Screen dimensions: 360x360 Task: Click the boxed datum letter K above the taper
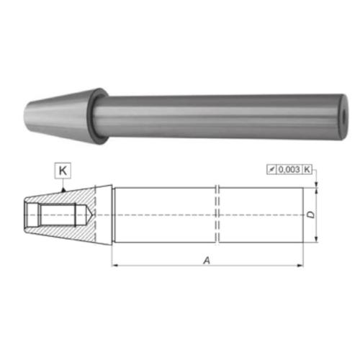tap(63, 171)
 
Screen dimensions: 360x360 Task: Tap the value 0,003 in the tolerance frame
tap(289, 170)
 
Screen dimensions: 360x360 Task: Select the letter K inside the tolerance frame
tap(307, 170)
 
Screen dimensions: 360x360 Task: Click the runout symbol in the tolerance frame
tap(271, 170)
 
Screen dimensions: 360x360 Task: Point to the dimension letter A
tap(207, 260)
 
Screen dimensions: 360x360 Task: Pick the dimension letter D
tap(311, 215)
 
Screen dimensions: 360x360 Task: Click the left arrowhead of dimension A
tap(114, 266)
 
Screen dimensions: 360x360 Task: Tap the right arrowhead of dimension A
tap(300, 266)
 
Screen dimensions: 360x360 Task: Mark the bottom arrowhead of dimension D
tap(316, 239)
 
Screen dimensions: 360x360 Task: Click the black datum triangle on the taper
tap(63, 190)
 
